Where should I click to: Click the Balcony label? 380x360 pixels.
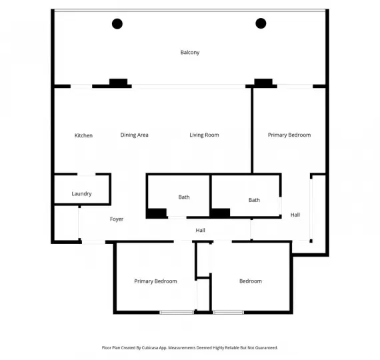(x=190, y=53)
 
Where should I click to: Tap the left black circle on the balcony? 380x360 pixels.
(x=117, y=24)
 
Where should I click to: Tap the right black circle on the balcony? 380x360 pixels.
(x=261, y=24)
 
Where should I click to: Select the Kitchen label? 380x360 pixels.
(x=83, y=135)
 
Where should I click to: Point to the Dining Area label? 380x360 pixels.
(x=134, y=135)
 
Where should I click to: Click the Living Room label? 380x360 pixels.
(x=204, y=135)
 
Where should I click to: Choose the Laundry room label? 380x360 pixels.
(x=81, y=194)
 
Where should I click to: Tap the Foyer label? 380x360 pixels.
(x=117, y=219)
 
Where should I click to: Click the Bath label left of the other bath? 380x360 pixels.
(x=184, y=197)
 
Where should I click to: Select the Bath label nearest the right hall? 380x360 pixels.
(x=254, y=200)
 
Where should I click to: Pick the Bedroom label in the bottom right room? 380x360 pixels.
(x=251, y=281)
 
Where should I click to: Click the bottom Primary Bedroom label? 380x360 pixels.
(x=155, y=281)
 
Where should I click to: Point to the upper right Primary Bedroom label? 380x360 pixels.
(x=289, y=135)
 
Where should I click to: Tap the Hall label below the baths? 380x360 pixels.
(x=200, y=231)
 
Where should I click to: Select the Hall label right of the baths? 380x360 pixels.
(x=295, y=215)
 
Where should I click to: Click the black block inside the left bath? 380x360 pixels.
(x=157, y=213)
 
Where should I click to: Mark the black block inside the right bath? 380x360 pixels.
(x=221, y=213)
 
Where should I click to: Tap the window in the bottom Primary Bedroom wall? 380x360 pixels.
(x=177, y=312)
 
